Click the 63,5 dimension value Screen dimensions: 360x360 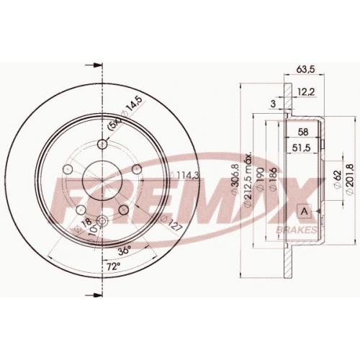click(x=305, y=69)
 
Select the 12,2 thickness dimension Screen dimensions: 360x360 click(x=306, y=91)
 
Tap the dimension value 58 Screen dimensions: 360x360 click(x=302, y=132)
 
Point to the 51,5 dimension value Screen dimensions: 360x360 click(x=301, y=148)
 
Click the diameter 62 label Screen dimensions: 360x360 click(x=337, y=180)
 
